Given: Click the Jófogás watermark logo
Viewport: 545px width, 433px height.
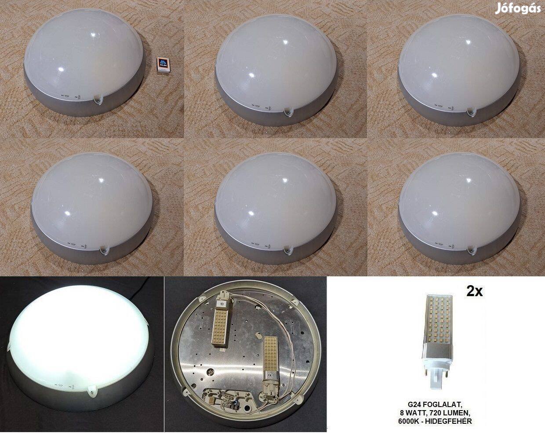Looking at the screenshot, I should click(x=517, y=8).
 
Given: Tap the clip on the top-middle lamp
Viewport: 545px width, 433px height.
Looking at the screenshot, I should click(x=287, y=114).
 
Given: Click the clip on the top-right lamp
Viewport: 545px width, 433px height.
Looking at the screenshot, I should click(x=471, y=113).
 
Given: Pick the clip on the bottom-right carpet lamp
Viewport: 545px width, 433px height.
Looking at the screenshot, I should click(x=472, y=251).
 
